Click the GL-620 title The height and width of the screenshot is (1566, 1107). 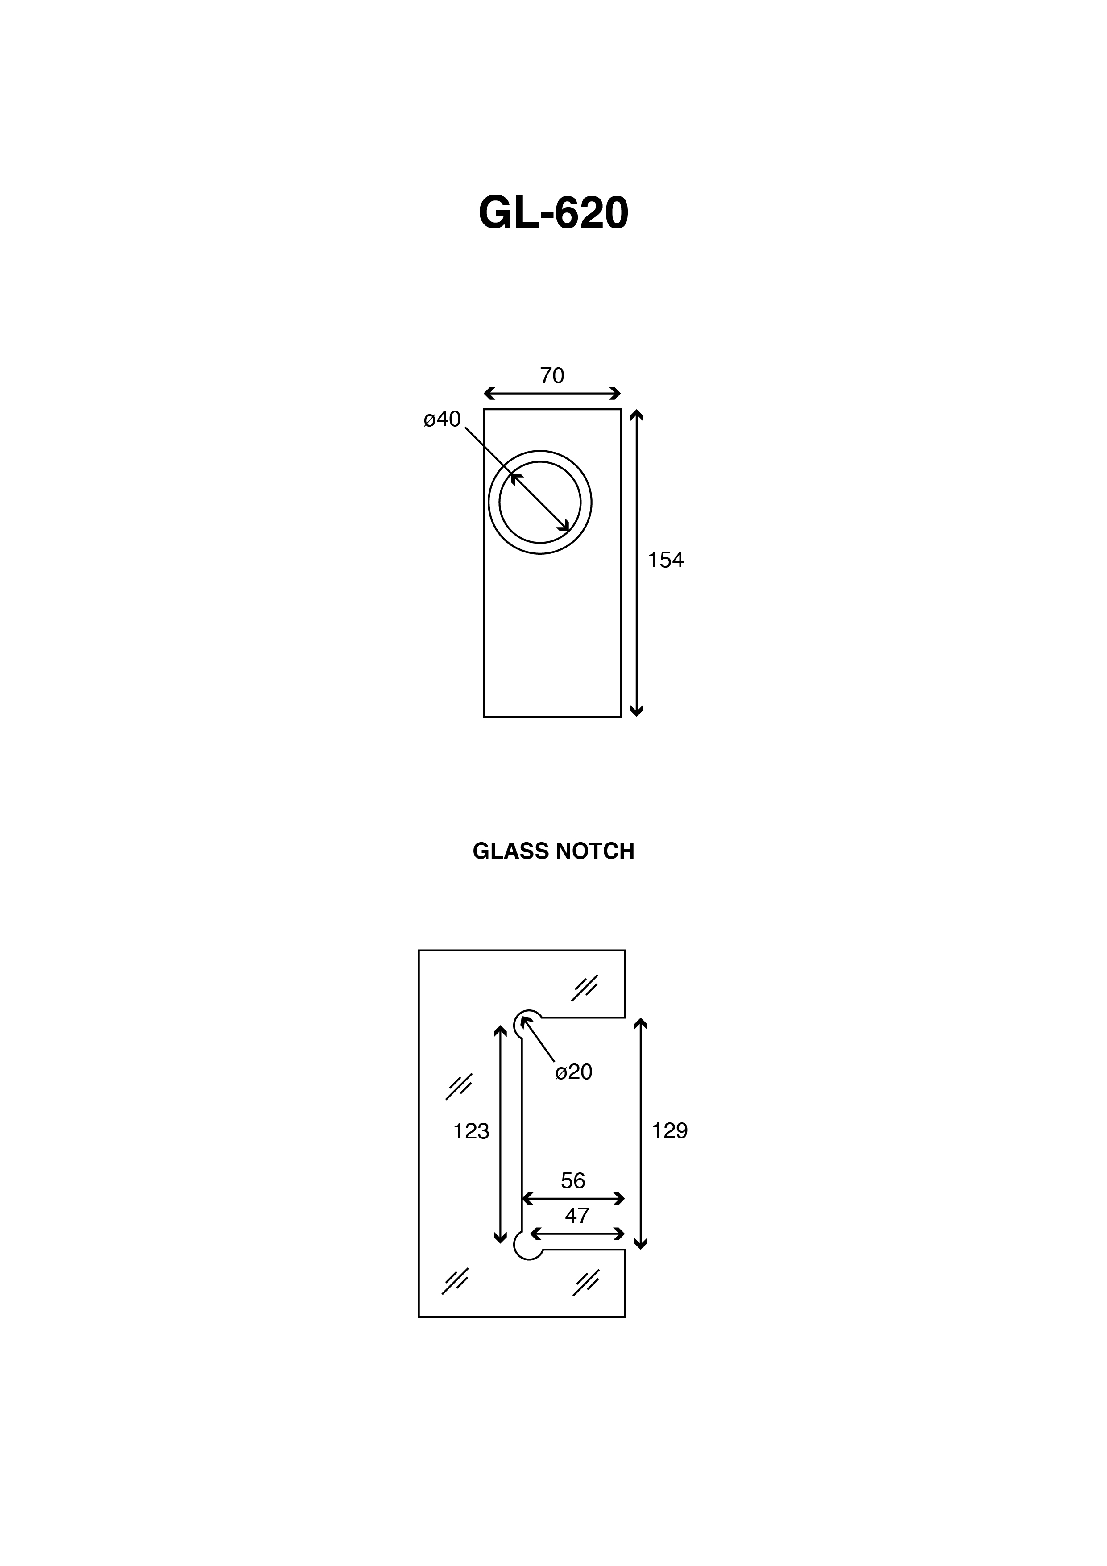pos(553,213)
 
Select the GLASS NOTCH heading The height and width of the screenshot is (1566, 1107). pos(553,851)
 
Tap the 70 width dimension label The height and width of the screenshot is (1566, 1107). pos(552,376)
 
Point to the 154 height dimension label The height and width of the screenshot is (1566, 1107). pos(665,560)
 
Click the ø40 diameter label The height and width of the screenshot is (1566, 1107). pos(442,420)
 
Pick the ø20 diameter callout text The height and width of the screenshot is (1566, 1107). pos(574,1072)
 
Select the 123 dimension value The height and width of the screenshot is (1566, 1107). pos(471,1131)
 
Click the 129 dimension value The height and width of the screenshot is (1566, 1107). pos(670,1131)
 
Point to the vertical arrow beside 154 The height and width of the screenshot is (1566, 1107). pos(636,563)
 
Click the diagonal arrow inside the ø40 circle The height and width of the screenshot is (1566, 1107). pos(540,502)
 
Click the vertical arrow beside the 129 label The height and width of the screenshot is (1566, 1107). pos(640,1134)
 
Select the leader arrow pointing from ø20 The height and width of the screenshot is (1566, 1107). pos(538,1039)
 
